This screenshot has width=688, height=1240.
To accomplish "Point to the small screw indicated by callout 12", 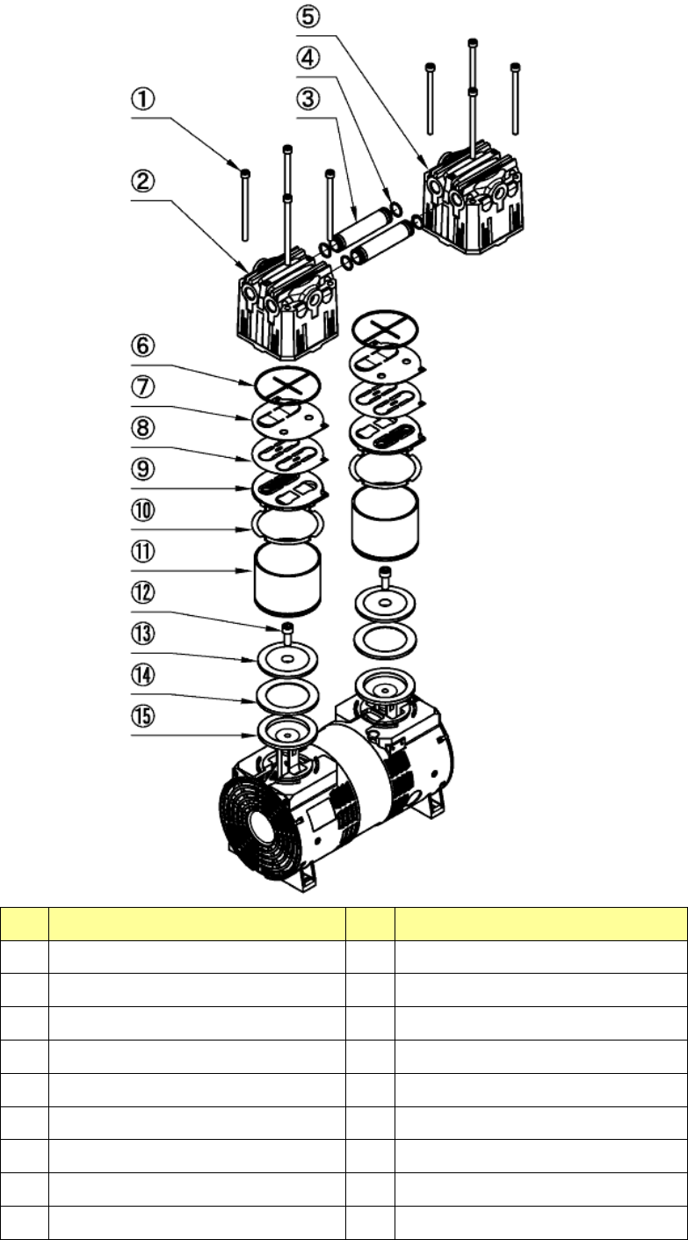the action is (287, 629).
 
